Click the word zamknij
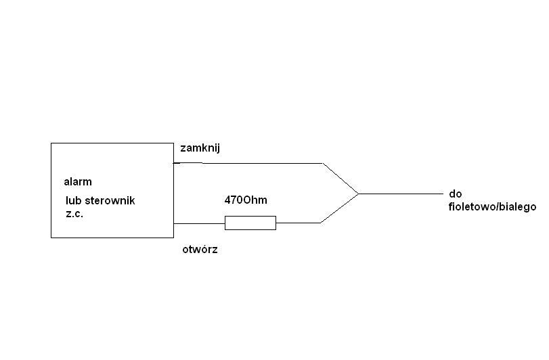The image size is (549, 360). click(200, 148)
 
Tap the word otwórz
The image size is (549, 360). click(200, 250)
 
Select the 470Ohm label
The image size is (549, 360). click(246, 200)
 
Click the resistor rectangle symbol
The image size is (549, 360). click(250, 223)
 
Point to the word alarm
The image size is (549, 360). click(78, 182)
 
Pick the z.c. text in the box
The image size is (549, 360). click(74, 214)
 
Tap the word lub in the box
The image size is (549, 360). click(74, 200)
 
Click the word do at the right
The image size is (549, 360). click(456, 194)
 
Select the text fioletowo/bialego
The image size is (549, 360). click(492, 207)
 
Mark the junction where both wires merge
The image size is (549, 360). click(359, 194)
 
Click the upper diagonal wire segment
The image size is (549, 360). click(341, 178)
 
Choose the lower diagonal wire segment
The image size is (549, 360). click(339, 208)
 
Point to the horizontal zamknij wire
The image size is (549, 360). click(248, 163)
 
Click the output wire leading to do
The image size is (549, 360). click(401, 194)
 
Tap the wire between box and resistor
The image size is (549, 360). click(199, 223)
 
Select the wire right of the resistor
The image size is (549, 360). click(299, 223)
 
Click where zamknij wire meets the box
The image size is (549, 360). click(174, 163)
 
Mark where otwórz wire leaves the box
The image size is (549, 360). click(174, 223)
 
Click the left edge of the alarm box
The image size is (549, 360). click(51, 190)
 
